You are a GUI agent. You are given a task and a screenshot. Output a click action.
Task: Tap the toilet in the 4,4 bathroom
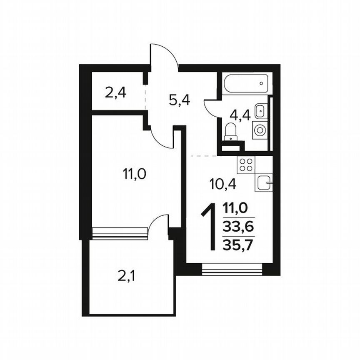point(230,133)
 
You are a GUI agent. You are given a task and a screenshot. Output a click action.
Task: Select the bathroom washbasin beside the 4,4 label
point(260,111)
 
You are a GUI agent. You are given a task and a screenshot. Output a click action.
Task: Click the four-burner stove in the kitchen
point(246,165)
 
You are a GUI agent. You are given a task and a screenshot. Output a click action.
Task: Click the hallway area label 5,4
point(180,100)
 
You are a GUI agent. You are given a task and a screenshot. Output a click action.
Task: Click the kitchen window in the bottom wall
point(232,270)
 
